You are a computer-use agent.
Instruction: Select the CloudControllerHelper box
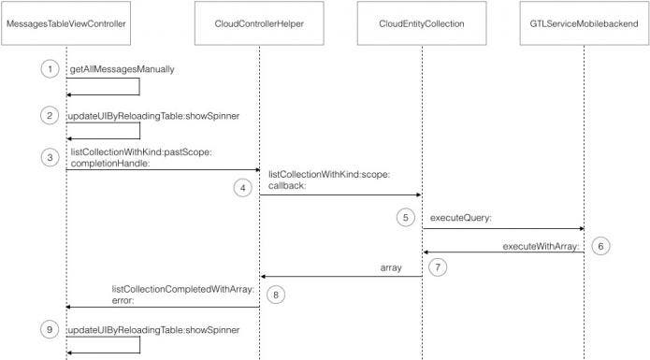pos(259,23)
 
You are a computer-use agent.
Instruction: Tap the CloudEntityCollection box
pos(422,23)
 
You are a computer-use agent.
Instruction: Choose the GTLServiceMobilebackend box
pos(584,23)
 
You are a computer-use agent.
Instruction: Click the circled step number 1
pos(49,70)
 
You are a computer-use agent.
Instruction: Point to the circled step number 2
pos(49,116)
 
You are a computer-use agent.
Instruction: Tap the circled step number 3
pos(49,156)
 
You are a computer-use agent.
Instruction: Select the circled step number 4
pos(243,187)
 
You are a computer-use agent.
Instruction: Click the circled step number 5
pos(405,218)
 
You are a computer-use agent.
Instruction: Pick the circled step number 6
pos(601,246)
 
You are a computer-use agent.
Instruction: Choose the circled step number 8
pos(276,295)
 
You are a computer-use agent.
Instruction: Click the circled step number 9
pos(49,330)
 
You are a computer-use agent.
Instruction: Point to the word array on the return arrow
pos(390,268)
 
